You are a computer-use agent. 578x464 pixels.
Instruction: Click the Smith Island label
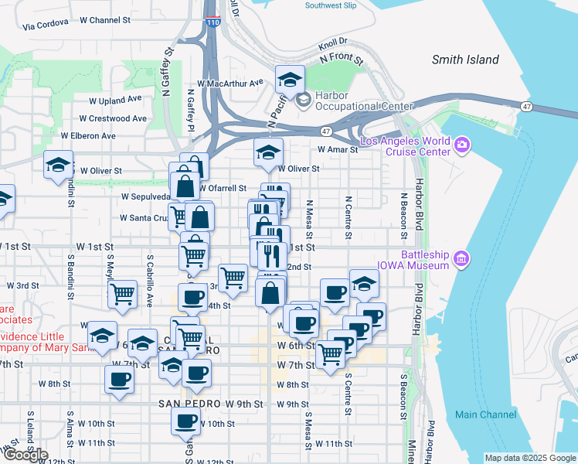click(465, 60)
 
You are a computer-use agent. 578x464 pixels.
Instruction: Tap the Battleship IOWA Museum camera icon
click(462, 258)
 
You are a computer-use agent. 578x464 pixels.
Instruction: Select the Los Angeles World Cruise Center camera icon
click(462, 144)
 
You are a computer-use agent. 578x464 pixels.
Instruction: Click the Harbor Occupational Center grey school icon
click(303, 98)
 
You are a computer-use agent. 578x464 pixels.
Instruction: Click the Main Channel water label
click(485, 415)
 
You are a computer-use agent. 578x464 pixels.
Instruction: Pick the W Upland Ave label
click(115, 100)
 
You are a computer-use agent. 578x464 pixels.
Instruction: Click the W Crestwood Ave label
click(115, 118)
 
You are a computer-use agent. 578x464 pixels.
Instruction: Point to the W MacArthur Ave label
click(230, 83)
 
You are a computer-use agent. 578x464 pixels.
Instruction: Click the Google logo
click(25, 455)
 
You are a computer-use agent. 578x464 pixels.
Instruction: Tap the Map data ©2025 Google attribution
click(530, 458)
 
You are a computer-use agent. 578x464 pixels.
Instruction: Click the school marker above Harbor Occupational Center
click(290, 78)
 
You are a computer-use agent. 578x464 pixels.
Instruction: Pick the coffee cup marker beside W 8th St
click(120, 379)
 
